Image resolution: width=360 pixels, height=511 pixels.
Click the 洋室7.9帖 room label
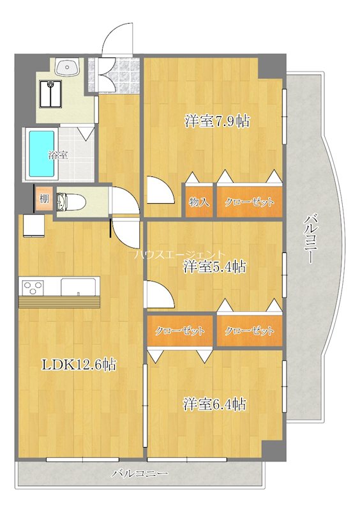click(x=216, y=121)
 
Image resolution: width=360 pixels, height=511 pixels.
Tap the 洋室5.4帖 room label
click(x=214, y=267)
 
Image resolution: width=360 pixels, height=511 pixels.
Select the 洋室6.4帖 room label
click(x=215, y=404)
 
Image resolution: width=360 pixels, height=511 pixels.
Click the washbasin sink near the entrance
click(x=66, y=67)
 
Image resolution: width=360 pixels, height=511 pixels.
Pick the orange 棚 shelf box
click(x=43, y=199)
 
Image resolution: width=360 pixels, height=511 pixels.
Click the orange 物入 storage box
click(x=199, y=202)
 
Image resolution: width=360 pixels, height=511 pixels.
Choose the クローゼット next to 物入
click(x=249, y=202)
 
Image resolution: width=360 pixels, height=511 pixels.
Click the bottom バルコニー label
click(x=140, y=474)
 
